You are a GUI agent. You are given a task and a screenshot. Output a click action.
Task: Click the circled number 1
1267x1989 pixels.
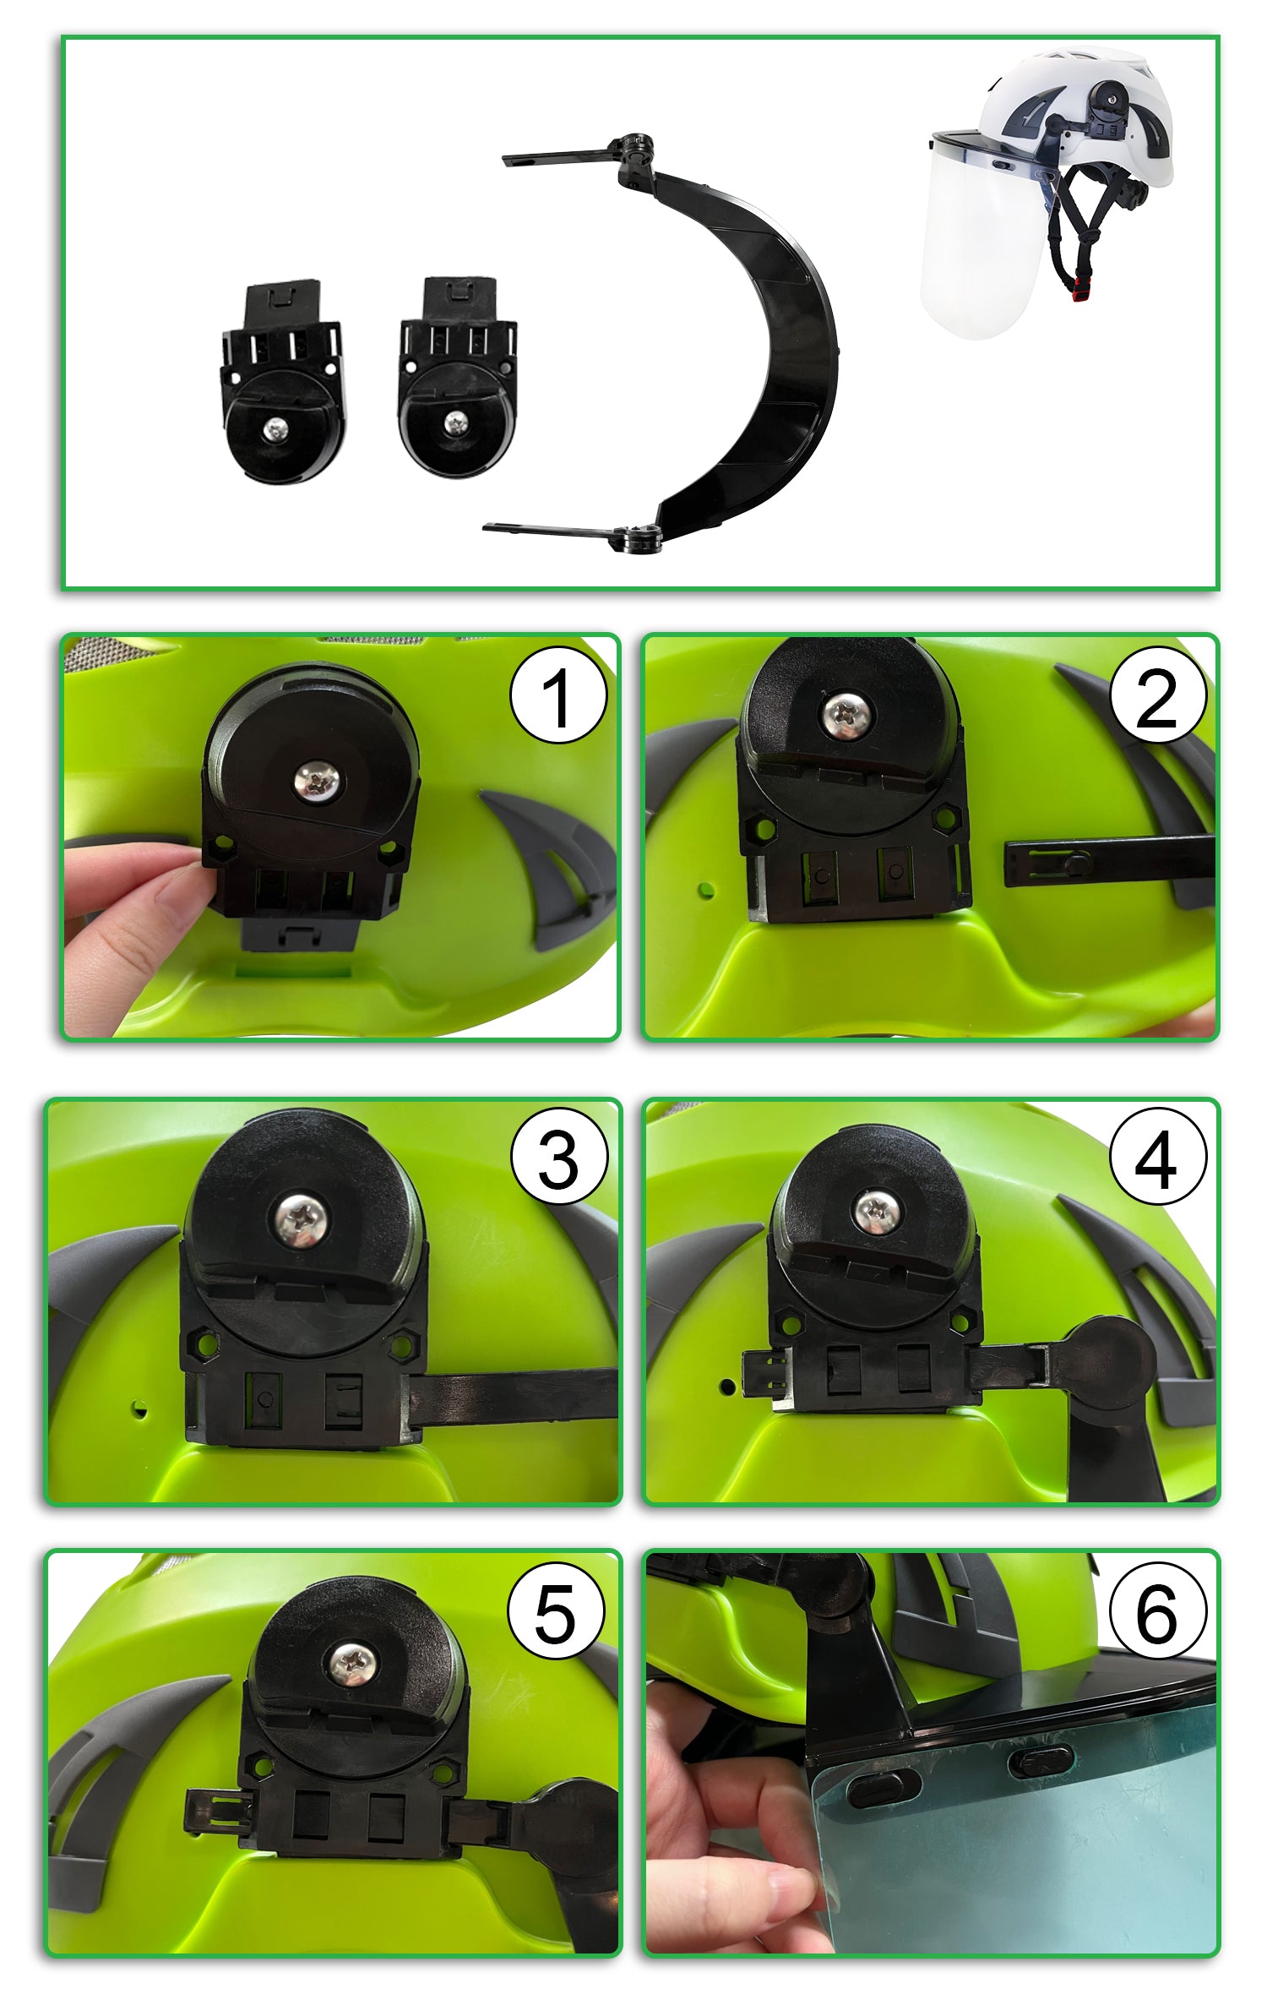point(558,695)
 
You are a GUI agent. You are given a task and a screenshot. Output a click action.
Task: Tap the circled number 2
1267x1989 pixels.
point(1157,695)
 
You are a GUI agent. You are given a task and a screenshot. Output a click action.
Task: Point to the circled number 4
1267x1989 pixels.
point(1158,1156)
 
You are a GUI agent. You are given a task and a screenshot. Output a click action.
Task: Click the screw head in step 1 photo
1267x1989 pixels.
point(318,782)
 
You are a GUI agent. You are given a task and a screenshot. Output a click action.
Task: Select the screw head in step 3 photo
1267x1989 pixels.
point(302,1218)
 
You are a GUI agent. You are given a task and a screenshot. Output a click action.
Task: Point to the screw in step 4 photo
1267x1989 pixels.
point(873,1211)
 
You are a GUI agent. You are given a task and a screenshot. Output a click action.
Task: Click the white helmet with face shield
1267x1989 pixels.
point(1047,190)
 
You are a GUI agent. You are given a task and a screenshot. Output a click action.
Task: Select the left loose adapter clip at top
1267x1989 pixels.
point(282,383)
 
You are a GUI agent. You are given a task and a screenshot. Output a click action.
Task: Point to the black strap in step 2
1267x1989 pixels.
point(1109,861)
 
